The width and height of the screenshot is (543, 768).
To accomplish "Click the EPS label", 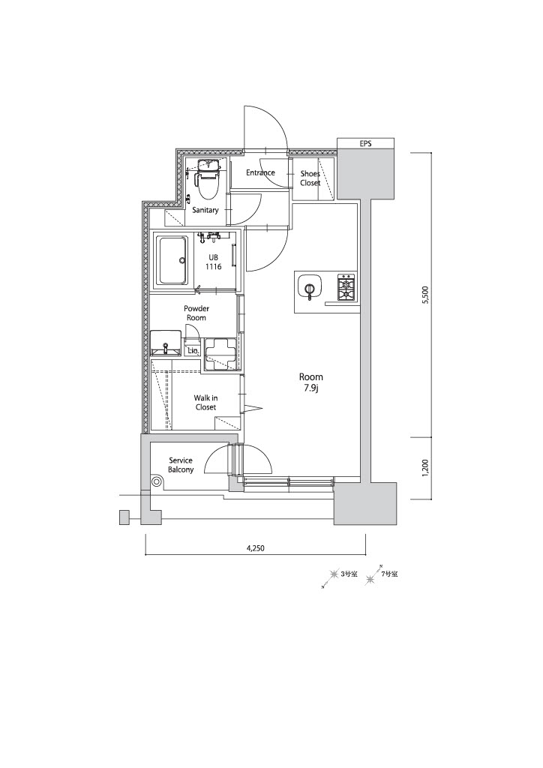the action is (x=365, y=144).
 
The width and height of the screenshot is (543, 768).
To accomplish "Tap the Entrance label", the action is (x=260, y=172).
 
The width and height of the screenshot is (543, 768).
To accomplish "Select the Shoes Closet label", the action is (x=310, y=178).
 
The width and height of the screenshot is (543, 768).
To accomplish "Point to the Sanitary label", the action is (x=205, y=210).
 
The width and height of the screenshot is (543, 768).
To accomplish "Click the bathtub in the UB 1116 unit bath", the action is (x=172, y=260).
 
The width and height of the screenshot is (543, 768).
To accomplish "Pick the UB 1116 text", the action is (x=214, y=262).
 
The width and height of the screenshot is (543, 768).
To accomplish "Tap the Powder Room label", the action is (x=196, y=313).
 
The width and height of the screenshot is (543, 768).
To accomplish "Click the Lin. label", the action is (x=193, y=351).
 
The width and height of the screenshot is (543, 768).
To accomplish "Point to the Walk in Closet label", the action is (x=205, y=403).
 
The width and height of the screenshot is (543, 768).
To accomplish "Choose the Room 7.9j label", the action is (x=311, y=382).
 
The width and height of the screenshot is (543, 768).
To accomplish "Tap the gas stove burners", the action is (x=346, y=287).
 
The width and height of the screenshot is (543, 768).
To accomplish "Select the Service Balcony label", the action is (x=181, y=465).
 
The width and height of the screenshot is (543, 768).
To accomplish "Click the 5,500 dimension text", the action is (x=425, y=295).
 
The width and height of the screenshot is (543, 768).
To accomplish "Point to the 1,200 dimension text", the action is (x=425, y=468).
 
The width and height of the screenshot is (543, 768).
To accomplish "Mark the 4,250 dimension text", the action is (x=255, y=548).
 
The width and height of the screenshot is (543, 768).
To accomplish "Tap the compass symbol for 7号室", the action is (x=374, y=574).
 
